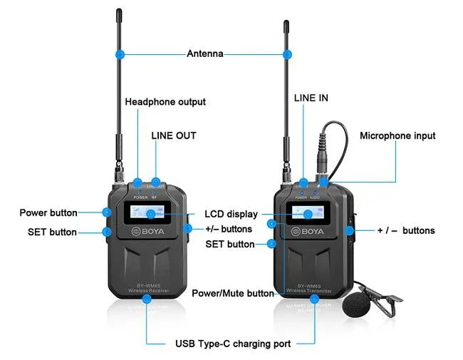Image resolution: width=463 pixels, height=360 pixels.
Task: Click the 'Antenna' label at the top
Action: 204,53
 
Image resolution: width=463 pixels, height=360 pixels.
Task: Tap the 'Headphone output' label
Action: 165,102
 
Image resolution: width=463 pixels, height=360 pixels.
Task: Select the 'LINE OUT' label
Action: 173,135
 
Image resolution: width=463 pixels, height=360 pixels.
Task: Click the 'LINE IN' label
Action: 311,98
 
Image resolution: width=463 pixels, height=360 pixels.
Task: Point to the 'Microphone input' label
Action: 397,135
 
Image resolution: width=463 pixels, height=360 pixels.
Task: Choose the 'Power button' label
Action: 48,212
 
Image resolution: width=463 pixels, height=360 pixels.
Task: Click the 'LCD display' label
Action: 231,213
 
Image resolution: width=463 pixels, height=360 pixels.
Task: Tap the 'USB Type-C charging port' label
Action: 233,344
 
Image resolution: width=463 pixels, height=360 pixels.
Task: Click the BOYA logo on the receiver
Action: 148,231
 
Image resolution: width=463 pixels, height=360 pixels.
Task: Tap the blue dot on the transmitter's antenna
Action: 288,53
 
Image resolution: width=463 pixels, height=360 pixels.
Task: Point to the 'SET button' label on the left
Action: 52,232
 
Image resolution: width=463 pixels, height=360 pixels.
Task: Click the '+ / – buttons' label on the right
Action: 405,230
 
